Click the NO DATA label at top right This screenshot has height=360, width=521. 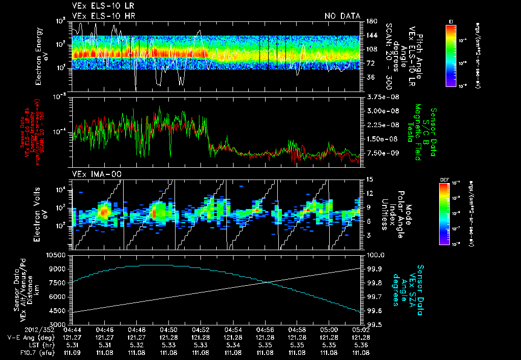pyautogui.click(x=342, y=16)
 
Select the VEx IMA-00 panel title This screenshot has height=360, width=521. pyautogui.click(x=92, y=174)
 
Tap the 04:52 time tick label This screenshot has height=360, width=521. pyautogui.click(x=201, y=329)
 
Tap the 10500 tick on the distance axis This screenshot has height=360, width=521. pyautogui.click(x=59, y=254)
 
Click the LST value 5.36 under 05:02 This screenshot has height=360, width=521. pyautogui.click(x=361, y=344)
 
